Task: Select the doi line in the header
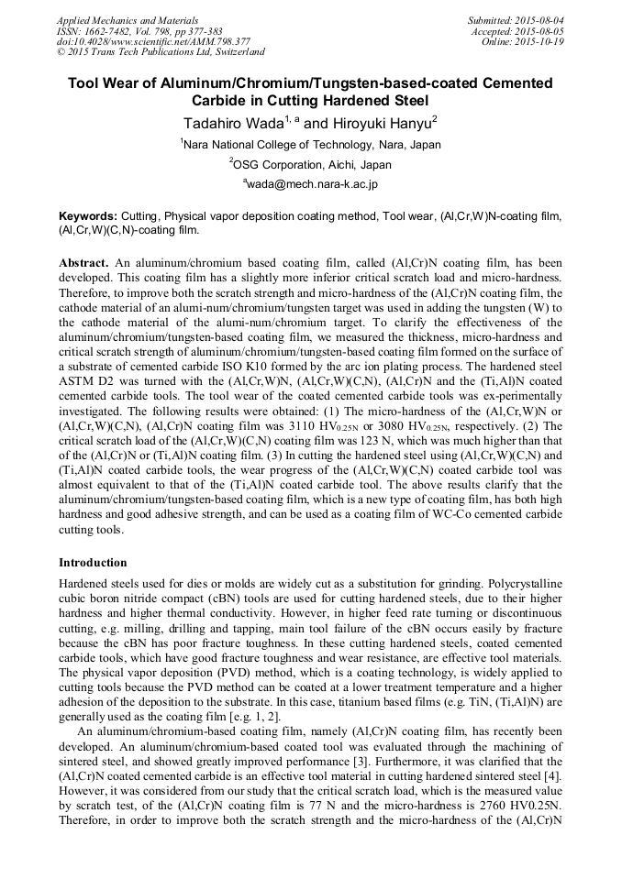[x=153, y=42]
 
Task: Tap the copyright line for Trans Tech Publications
[x=161, y=52]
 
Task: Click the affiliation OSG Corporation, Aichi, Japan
[x=312, y=165]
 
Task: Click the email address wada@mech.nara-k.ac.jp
[x=312, y=184]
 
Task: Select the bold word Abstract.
[x=83, y=261]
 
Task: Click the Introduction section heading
[x=93, y=562]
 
